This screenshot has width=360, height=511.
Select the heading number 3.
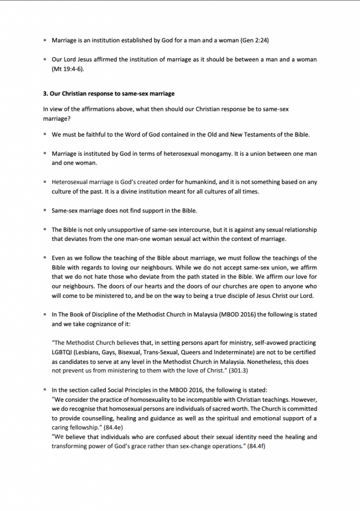click(45, 93)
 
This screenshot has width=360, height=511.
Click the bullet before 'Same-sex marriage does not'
click(44, 211)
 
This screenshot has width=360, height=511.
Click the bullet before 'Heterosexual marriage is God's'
click(44, 182)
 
